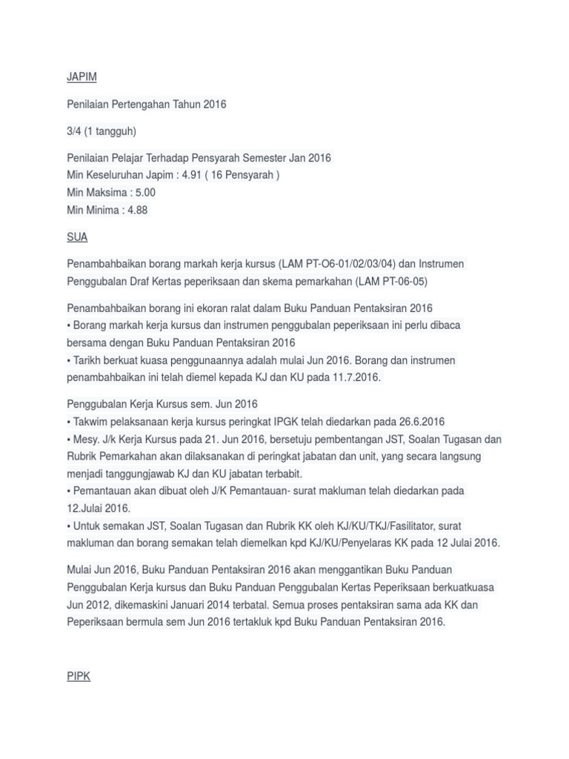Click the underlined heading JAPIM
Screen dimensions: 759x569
click(x=81, y=77)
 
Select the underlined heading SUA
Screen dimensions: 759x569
click(x=77, y=237)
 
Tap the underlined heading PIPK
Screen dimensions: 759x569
click(x=79, y=677)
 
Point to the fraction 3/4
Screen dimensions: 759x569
click(x=74, y=131)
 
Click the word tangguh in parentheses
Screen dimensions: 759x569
click(x=114, y=131)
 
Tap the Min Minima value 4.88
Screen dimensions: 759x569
click(x=138, y=210)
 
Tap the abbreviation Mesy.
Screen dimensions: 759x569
click(x=86, y=440)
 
